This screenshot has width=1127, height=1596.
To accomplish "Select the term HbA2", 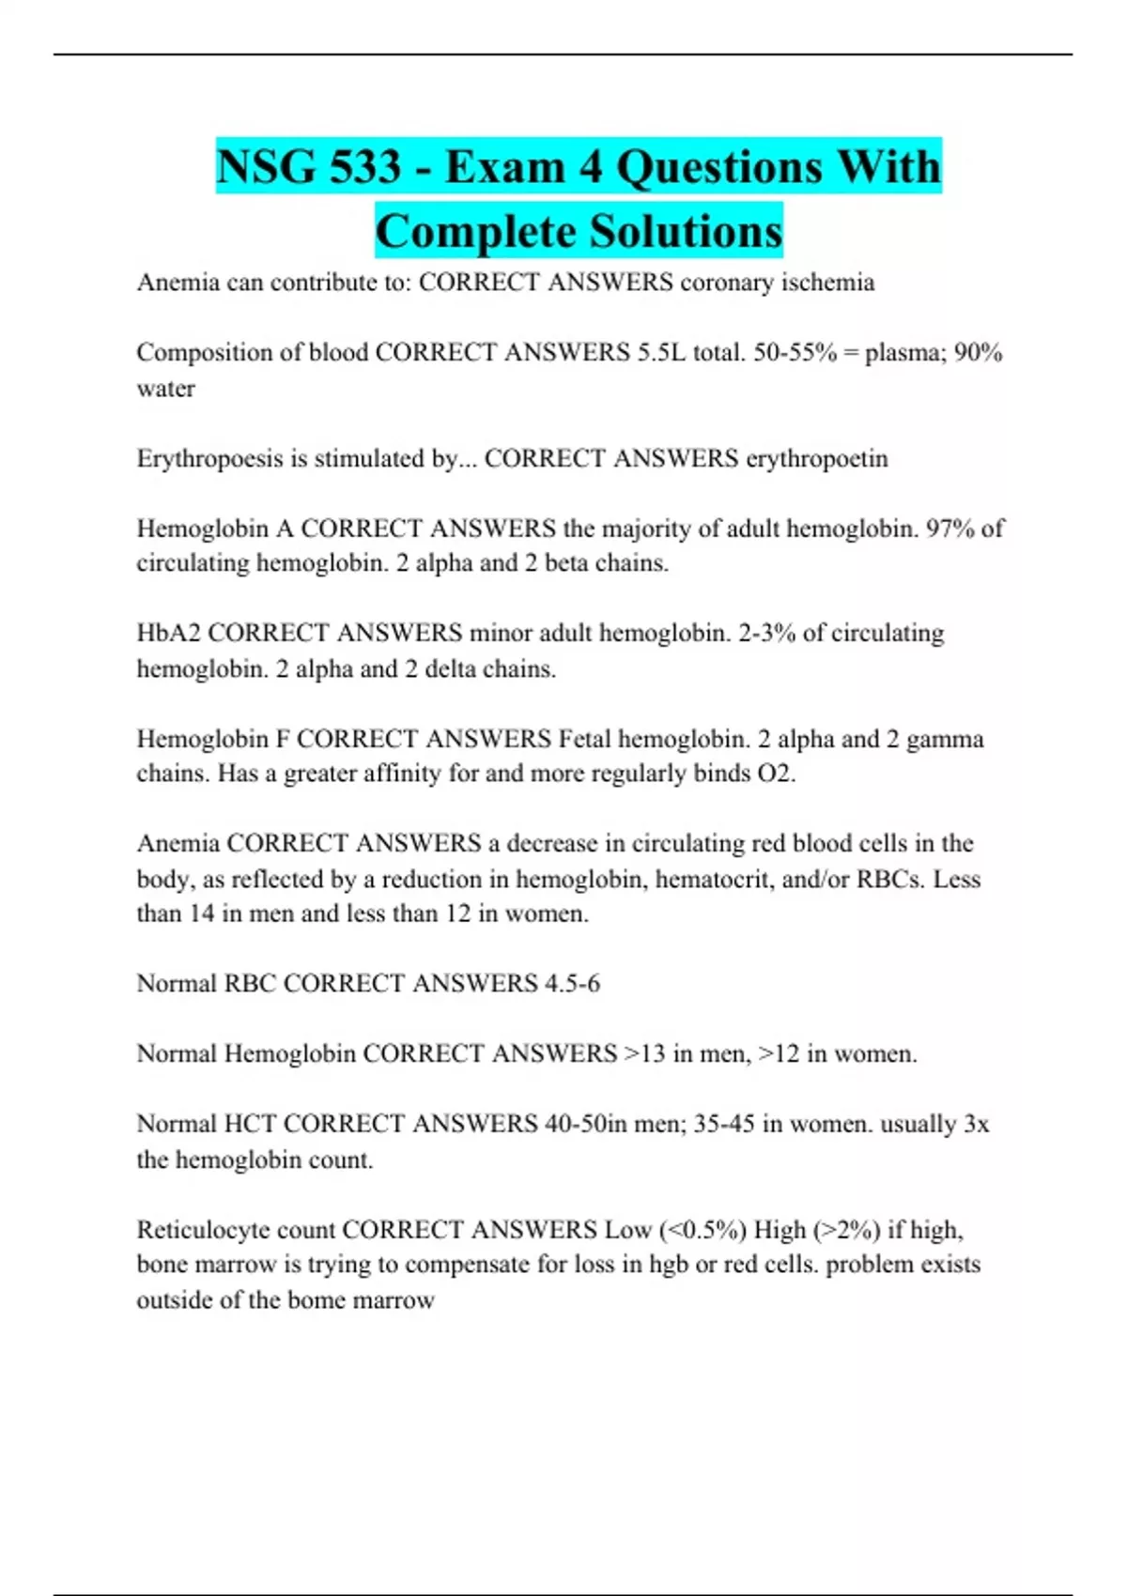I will tap(169, 634).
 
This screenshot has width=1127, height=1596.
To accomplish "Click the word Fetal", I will tap(589, 739).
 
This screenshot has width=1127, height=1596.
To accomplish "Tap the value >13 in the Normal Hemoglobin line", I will tap(645, 1054).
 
